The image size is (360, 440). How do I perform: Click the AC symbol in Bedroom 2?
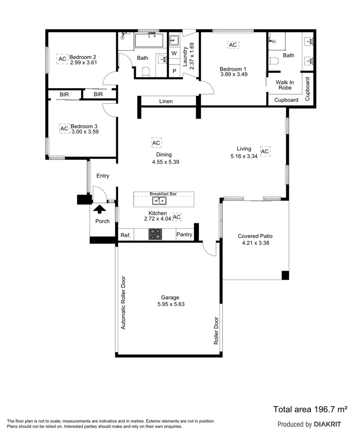click(62, 59)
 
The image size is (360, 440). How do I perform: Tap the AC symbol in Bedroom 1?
click(232, 45)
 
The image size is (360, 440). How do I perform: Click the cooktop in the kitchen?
click(155, 234)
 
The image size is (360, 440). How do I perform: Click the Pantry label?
click(184, 235)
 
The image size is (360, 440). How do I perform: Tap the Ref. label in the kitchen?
click(125, 235)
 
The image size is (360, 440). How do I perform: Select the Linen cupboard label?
click(166, 101)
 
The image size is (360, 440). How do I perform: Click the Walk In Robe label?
click(285, 85)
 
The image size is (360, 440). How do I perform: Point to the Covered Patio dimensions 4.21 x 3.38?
click(255, 243)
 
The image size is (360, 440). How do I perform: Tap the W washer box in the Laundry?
click(174, 53)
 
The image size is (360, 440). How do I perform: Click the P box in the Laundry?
click(174, 71)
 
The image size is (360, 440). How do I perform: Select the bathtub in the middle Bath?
click(149, 41)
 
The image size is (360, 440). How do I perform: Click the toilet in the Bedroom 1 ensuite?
click(274, 62)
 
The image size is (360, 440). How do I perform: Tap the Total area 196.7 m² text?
click(310, 409)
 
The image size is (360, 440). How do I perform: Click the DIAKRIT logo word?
click(327, 424)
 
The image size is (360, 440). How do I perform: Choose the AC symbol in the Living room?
click(265, 152)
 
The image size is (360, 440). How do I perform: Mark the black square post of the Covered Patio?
click(285, 275)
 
